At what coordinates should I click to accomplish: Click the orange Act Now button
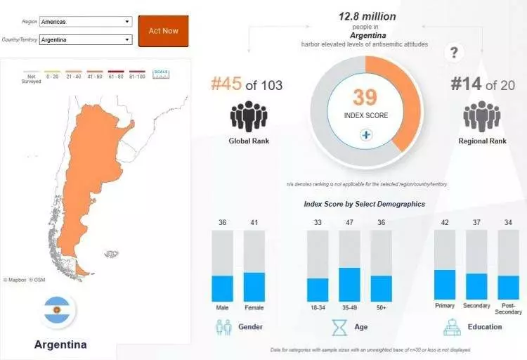pyautogui.click(x=163, y=31)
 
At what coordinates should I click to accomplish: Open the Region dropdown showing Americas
pyautogui.click(x=86, y=22)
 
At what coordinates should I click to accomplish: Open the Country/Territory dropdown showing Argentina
pyautogui.click(x=86, y=40)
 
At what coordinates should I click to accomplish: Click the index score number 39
pyautogui.click(x=365, y=97)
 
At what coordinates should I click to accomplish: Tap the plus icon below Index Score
pyautogui.click(x=365, y=134)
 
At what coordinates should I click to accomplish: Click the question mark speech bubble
pyautogui.click(x=455, y=52)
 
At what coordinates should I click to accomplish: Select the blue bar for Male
pyautogui.click(x=222, y=288)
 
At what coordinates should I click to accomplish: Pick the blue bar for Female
pyautogui.click(x=254, y=287)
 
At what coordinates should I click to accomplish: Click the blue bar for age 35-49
pyautogui.click(x=349, y=284)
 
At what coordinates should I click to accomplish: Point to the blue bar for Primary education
pyautogui.click(x=445, y=285)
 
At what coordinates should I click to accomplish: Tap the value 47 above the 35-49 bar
pyautogui.click(x=349, y=223)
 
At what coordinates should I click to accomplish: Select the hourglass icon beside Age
pyautogui.click(x=340, y=327)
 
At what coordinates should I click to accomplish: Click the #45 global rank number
pyautogui.click(x=226, y=85)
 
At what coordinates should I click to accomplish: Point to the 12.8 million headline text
pyautogui.click(x=367, y=15)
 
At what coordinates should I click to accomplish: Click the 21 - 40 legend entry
pyautogui.click(x=73, y=73)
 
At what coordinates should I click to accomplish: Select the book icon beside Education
pyautogui.click(x=452, y=327)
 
